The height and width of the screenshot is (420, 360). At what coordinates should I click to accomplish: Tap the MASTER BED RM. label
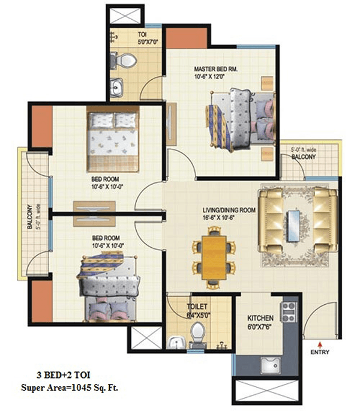tap(215, 69)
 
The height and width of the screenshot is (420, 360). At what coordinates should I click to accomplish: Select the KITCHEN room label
tap(260, 318)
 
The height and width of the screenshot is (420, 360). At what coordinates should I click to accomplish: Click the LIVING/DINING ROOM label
tap(229, 210)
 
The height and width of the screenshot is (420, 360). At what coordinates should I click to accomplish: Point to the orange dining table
tap(214, 257)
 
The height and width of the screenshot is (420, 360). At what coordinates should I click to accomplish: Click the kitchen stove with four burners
tap(289, 312)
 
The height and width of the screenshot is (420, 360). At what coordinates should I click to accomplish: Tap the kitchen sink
tap(271, 365)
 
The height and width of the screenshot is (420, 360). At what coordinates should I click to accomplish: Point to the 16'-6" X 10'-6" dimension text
tap(218, 217)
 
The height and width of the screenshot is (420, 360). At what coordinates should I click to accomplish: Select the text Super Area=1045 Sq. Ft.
tap(70, 388)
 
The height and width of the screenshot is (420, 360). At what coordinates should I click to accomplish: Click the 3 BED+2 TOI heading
tap(64, 375)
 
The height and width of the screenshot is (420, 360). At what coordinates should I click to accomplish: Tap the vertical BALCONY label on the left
tap(29, 217)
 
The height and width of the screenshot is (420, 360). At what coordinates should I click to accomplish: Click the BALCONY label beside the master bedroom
tap(304, 157)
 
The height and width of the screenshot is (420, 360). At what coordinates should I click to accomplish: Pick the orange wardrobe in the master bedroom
tap(187, 38)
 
